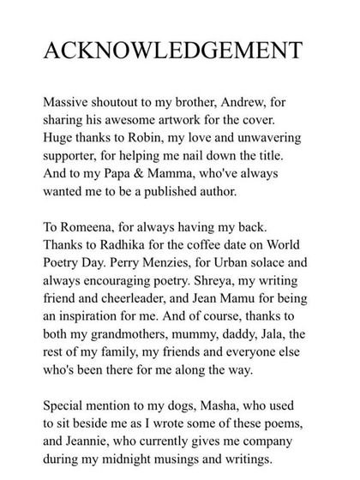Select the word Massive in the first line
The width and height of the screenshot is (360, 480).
(62, 107)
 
